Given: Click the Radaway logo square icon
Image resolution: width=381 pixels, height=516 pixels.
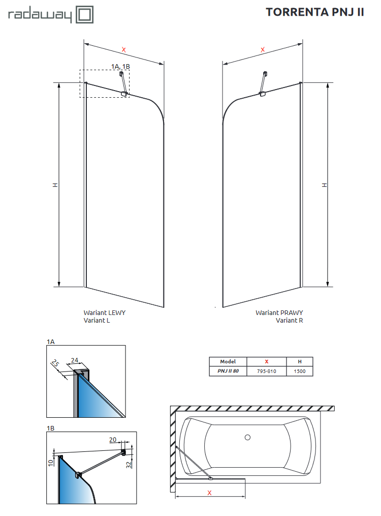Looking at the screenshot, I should point(84,14).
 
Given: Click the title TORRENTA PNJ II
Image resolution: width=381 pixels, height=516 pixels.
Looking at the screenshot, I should point(315,13).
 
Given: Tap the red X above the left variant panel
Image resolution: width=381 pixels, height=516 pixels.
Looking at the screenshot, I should point(123,49).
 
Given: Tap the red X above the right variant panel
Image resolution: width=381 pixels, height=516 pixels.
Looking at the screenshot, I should point(263,49).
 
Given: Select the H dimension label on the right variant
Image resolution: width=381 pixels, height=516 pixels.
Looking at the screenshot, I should point(324,185).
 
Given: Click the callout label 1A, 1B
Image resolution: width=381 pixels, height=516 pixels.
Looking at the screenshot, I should point(120,67).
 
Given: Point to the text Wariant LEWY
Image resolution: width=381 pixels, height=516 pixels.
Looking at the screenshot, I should point(104,312).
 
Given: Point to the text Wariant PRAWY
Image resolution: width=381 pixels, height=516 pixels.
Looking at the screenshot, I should point(279,312).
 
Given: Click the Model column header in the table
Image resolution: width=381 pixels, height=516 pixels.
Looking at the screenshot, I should point(228,361).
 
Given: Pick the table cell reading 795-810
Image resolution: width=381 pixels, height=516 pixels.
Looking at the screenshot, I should point(266,371).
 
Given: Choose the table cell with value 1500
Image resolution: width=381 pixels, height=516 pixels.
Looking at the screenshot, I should point(299,371).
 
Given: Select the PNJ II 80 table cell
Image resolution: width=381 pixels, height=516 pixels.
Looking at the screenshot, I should point(228,371).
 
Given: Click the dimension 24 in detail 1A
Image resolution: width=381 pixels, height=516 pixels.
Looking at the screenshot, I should point(74,360).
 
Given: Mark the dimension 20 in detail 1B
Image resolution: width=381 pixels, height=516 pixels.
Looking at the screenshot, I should point(112,439).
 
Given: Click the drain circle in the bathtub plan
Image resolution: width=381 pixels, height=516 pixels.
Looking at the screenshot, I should point(247,437).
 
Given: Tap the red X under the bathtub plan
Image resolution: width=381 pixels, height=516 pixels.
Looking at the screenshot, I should point(209,493).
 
